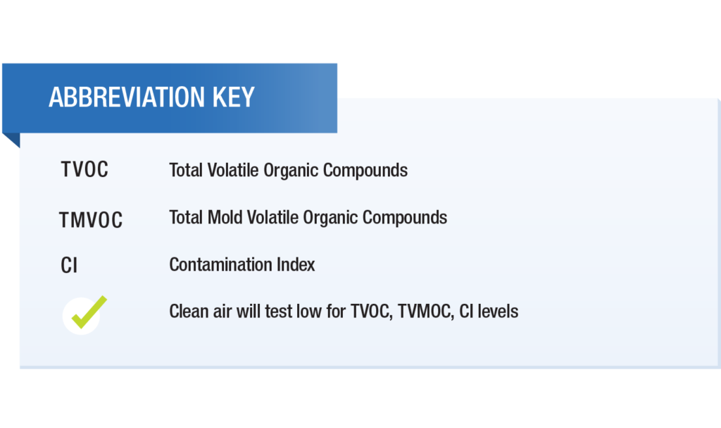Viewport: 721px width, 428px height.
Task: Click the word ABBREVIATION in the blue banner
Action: click(127, 97)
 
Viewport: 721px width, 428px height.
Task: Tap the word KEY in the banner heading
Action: click(234, 97)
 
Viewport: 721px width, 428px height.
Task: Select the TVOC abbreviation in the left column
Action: click(84, 169)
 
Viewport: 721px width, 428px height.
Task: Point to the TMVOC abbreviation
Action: click(91, 220)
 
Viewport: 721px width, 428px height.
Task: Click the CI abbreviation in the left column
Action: click(69, 265)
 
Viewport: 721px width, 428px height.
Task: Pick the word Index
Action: click(296, 265)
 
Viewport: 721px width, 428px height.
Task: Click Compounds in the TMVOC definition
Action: click(405, 218)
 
